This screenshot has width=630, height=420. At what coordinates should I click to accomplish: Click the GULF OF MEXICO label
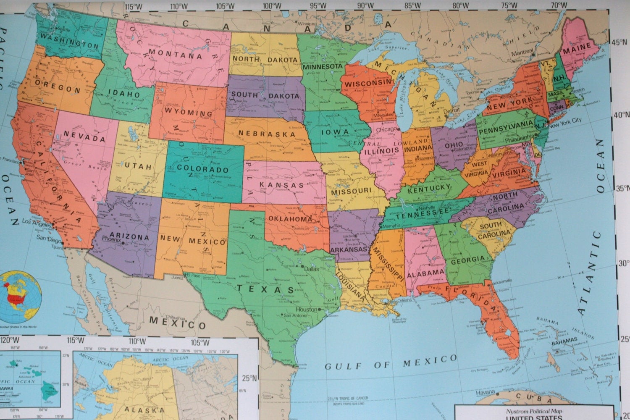pyautogui.click(x=390, y=362)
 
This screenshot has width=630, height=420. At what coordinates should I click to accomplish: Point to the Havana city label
pyautogui.click(x=486, y=394)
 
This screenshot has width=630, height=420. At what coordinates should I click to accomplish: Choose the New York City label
pyautogui.click(x=565, y=120)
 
